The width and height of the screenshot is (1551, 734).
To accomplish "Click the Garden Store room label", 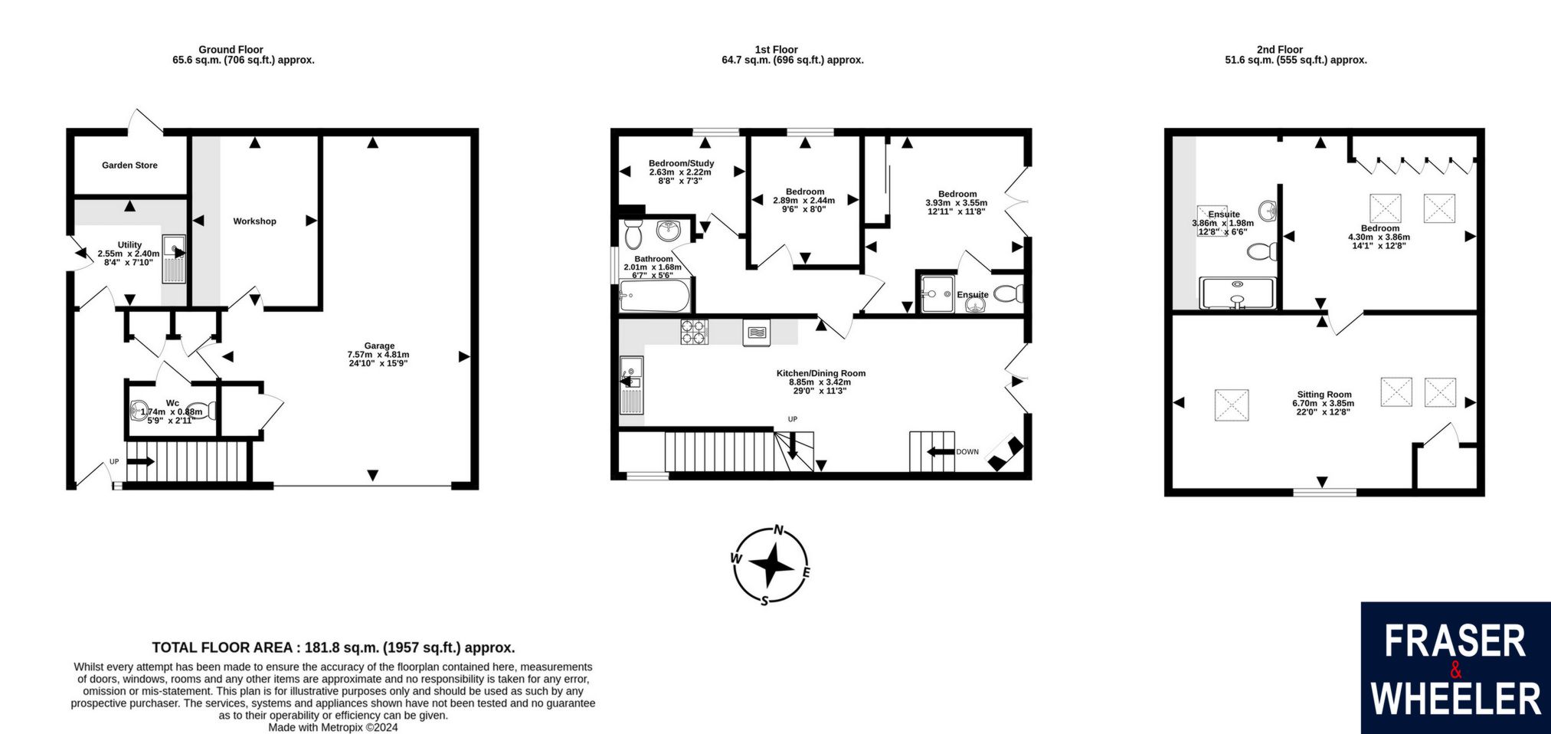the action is point(129,165).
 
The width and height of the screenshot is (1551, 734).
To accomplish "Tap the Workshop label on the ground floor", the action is point(255,221).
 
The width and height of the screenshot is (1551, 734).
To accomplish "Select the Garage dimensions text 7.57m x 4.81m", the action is point(378,355).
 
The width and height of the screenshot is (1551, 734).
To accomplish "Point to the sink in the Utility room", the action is point(175,260).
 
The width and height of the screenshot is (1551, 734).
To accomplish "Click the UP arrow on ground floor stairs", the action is point(140,461).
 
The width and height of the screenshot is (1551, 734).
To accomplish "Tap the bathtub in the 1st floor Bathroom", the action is point(655,296).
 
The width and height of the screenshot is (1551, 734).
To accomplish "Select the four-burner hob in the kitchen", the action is point(694,332).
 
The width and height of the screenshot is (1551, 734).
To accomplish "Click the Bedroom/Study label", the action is point(681,163).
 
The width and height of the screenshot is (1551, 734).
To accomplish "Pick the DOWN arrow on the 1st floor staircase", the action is point(941,452).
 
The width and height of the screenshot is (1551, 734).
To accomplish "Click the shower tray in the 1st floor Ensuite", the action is point(938,294).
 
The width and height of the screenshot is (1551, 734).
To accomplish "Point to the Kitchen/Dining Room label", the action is point(821,373).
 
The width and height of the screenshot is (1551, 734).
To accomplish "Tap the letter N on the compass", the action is point(779,529).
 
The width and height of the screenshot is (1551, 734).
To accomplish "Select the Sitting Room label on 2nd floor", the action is point(1324,395).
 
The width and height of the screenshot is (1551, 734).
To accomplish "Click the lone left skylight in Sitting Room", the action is point(1232,405).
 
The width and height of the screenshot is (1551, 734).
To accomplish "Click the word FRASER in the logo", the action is point(1455,641).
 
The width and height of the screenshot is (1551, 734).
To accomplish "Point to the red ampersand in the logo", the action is point(1456,670).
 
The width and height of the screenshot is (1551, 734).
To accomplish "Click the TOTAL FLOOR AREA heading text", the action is point(333,647).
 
